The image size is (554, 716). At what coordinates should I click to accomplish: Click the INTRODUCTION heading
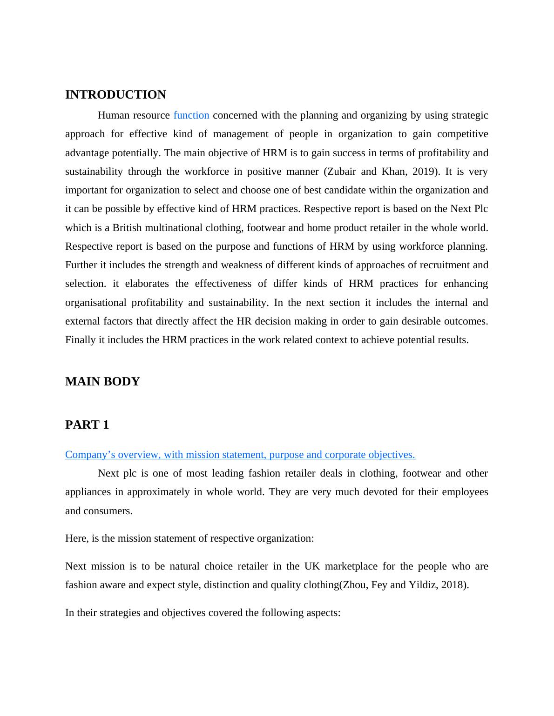click(115, 95)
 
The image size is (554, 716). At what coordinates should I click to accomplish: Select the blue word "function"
click(191, 115)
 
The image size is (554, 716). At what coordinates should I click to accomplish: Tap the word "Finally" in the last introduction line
click(80, 340)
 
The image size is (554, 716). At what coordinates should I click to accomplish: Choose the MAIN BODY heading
click(102, 382)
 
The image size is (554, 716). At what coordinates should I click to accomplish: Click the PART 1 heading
click(87, 425)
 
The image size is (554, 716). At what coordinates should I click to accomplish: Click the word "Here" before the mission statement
click(74, 538)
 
